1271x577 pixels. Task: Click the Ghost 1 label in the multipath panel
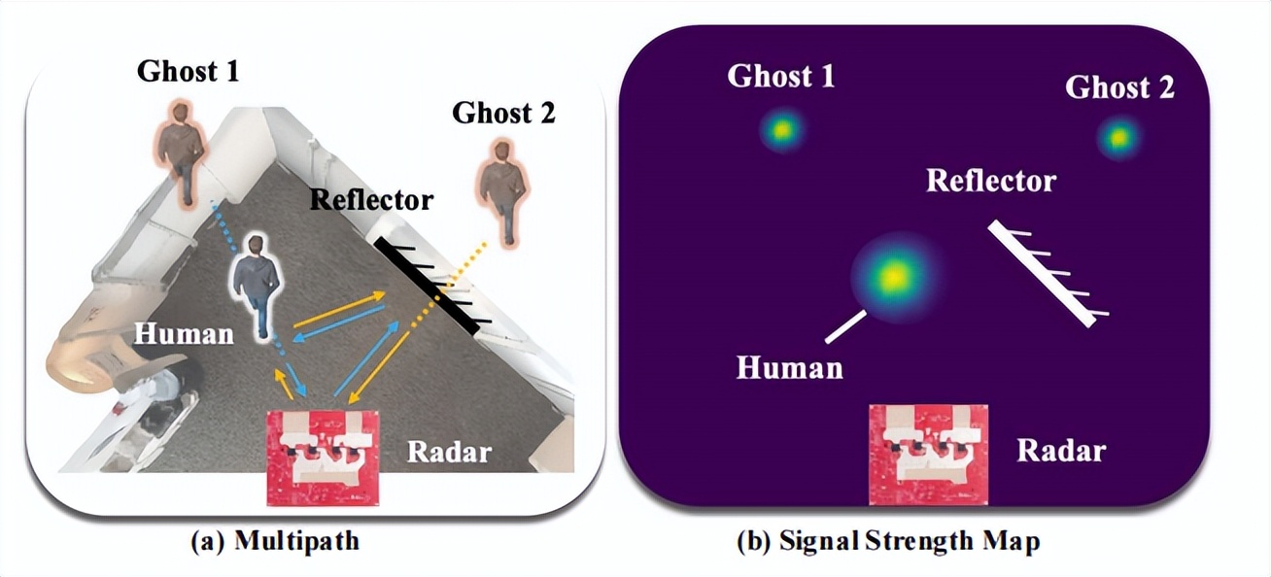coord(188,70)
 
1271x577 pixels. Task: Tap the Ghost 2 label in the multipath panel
coord(503,113)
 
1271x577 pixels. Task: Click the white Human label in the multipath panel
coord(184,333)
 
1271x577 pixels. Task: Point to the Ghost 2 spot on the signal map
coord(1117,138)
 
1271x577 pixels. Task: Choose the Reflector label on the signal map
coord(990,180)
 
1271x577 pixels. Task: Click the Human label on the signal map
coord(789,367)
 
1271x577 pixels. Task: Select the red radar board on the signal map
coord(928,454)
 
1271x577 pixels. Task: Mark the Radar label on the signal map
coord(1060,450)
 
